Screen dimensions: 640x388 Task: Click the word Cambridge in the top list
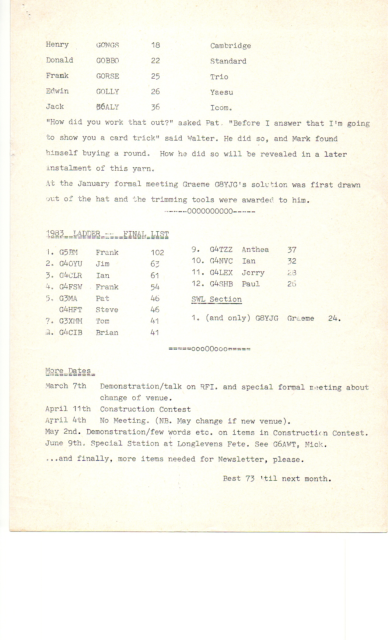click(230, 46)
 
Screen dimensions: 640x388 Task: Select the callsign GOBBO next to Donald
click(107, 61)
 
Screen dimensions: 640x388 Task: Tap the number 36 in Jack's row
click(155, 107)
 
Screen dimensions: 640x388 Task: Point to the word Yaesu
click(222, 92)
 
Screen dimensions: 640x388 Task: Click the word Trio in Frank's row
click(219, 77)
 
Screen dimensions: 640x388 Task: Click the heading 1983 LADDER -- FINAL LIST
click(107, 234)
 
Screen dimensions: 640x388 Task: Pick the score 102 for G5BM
click(157, 252)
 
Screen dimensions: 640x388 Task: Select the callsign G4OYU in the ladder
click(71, 264)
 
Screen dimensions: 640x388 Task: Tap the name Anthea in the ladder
click(255, 250)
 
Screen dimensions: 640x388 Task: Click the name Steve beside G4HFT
click(107, 310)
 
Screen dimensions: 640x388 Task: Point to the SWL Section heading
click(216, 299)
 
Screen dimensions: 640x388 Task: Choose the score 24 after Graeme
click(334, 318)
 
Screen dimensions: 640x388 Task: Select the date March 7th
click(66, 386)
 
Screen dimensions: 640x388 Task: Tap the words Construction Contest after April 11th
click(145, 409)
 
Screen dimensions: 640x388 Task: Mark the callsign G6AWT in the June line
click(284, 444)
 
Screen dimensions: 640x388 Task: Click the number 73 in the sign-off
click(250, 478)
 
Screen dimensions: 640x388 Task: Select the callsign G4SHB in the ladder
click(221, 284)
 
